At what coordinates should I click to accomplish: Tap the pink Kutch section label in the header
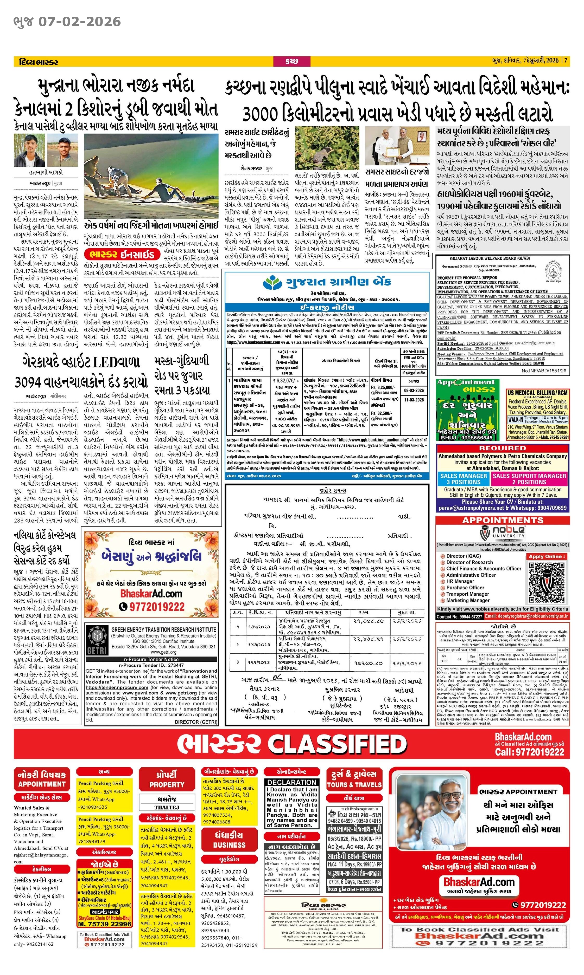click(x=291, y=61)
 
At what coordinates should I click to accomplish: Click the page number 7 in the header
click(x=566, y=61)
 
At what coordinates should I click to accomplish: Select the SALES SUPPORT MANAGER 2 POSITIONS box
click(x=529, y=478)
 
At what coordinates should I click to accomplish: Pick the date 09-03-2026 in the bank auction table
click(x=414, y=391)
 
